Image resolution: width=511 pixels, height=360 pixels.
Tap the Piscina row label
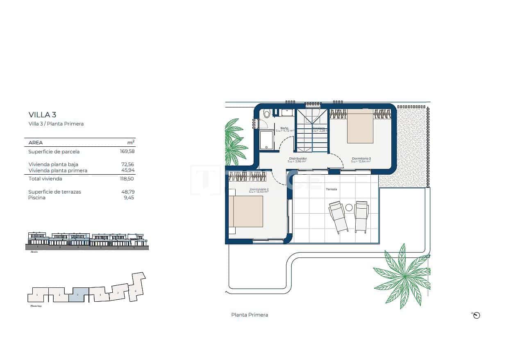coord(37,198)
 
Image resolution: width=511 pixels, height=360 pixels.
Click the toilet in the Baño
coord(267,114)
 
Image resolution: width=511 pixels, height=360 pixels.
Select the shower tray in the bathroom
coord(267,140)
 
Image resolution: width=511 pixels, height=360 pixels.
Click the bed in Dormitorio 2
coord(246,211)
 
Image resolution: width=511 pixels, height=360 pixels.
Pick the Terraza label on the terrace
coord(331,189)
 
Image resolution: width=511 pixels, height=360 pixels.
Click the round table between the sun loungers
coord(349,207)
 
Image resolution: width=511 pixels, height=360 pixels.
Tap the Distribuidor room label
coord(298,158)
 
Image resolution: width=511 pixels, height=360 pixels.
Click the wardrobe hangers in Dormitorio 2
coord(248,176)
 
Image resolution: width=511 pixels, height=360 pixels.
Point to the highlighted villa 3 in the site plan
coord(79,295)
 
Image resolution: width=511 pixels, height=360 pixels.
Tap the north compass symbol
coord(476,315)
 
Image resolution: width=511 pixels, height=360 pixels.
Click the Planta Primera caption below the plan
coord(250,315)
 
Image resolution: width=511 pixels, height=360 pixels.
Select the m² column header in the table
coord(131,142)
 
